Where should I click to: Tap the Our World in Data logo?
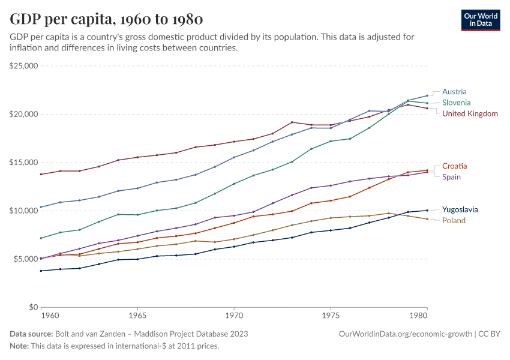tap(480, 20)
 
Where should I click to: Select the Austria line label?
tap(454, 92)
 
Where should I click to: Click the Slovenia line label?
tap(457, 103)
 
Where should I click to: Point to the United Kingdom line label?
tap(470, 113)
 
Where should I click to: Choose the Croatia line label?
tap(455, 166)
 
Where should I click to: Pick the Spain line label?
tap(452, 176)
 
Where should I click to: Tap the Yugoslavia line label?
tap(460, 209)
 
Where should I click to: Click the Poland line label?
tap(454, 220)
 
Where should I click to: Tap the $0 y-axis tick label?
tap(33, 307)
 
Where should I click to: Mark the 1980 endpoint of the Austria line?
tap(427, 95)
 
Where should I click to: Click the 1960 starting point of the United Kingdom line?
tap(41, 174)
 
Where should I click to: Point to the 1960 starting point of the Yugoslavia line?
tap(41, 271)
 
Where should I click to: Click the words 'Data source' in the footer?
tap(31, 334)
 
